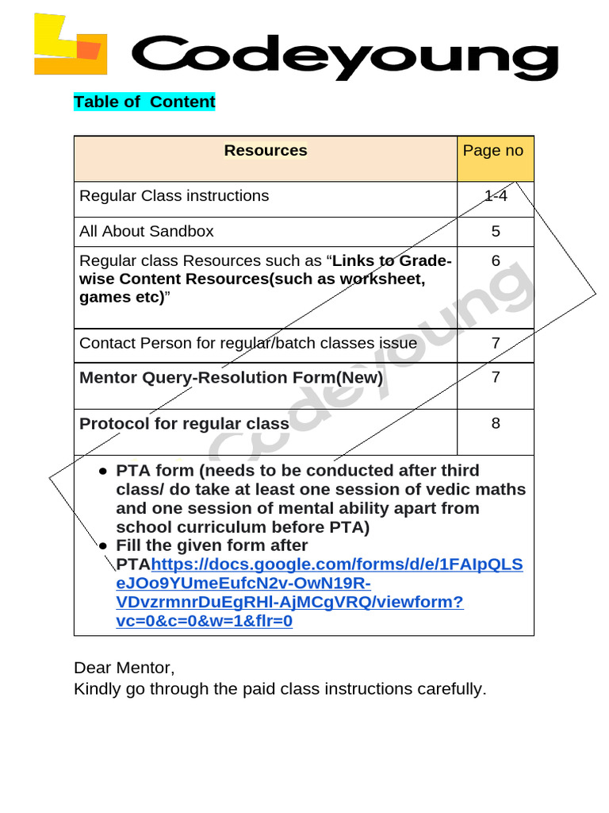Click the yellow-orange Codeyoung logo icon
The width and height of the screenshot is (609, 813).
(x=70, y=45)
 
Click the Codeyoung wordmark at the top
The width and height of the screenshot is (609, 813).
(x=344, y=56)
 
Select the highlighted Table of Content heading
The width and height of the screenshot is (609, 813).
(x=144, y=102)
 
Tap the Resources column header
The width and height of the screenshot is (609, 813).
(x=265, y=151)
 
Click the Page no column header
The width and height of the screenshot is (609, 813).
(x=493, y=151)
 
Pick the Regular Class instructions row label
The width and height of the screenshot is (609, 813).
(x=174, y=195)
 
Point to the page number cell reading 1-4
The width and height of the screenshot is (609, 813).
(x=496, y=195)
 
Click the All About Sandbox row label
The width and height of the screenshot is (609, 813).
(x=147, y=231)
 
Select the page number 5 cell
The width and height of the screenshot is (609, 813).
(x=496, y=231)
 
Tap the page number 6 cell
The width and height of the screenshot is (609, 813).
(x=496, y=260)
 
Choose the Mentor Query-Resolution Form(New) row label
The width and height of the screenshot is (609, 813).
(x=232, y=377)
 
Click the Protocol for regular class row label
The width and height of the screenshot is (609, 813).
(x=184, y=423)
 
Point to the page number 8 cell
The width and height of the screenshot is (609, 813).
(x=496, y=423)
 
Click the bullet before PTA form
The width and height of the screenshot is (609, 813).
(x=103, y=471)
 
